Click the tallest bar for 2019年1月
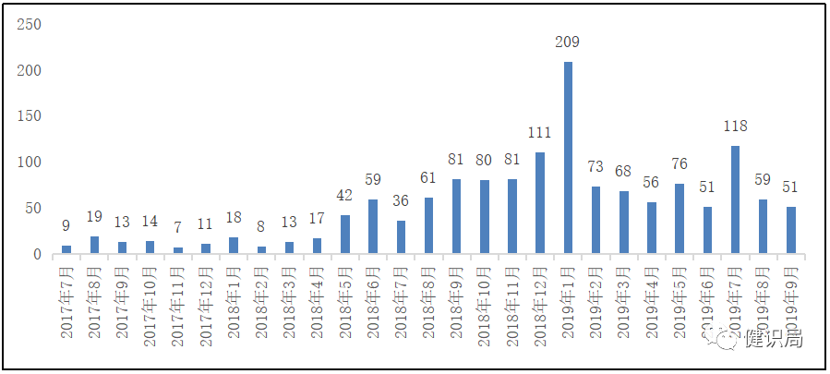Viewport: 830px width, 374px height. point(568,158)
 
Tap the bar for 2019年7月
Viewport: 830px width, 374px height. point(735,199)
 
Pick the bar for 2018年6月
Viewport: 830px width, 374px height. point(373,227)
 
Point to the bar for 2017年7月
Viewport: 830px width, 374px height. point(66,250)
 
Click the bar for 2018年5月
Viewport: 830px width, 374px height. point(345,235)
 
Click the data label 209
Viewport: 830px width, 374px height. point(568,42)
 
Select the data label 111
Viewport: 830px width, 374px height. point(540,132)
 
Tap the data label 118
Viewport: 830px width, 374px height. point(735,126)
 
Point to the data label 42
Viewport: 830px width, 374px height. point(345,196)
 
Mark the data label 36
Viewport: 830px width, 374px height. point(401,201)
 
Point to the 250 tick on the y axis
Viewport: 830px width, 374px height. point(29,24)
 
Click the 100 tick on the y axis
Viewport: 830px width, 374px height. point(29,163)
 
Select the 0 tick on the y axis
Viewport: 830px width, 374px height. point(37,255)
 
